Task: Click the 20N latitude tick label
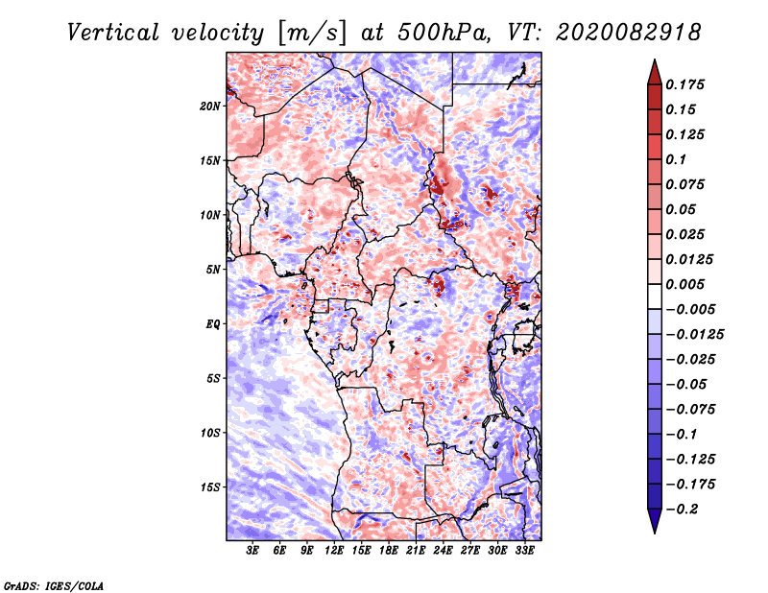tap(210, 107)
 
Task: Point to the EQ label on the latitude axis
tap(212, 324)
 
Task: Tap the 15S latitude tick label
tap(210, 487)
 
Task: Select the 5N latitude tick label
tap(213, 270)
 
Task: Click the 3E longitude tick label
tap(252, 551)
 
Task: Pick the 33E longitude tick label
tap(524, 551)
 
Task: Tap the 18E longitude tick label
tap(389, 551)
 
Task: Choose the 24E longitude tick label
tap(443, 551)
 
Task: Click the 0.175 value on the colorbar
tap(684, 84)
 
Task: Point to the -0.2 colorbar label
tap(683, 510)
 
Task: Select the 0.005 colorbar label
tap(684, 284)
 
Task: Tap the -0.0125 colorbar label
tap(694, 335)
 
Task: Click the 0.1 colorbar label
tap(676, 159)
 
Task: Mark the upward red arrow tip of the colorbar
tap(655, 60)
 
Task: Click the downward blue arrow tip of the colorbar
tap(655, 533)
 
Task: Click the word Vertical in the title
tap(113, 33)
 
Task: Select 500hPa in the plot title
tap(443, 33)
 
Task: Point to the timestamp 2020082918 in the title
tap(629, 33)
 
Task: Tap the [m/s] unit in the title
tap(311, 34)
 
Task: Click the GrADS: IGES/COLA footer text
tap(54, 585)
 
